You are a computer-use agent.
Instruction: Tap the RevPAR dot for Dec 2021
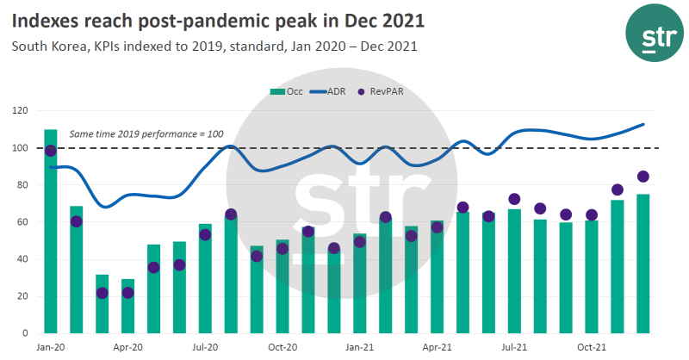[x=642, y=177]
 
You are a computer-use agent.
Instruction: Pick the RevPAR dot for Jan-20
[x=51, y=151]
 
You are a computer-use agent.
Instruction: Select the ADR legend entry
[x=328, y=90]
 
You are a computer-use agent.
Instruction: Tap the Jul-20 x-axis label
[x=205, y=347]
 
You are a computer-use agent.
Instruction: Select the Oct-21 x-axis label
[x=591, y=347]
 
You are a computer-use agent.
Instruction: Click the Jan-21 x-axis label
[x=360, y=347]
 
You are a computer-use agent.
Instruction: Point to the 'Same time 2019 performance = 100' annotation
[x=146, y=134]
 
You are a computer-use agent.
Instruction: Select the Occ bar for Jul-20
[x=205, y=279]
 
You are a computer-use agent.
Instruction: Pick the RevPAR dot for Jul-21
[x=514, y=199]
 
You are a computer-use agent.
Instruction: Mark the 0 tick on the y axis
[x=27, y=333]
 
